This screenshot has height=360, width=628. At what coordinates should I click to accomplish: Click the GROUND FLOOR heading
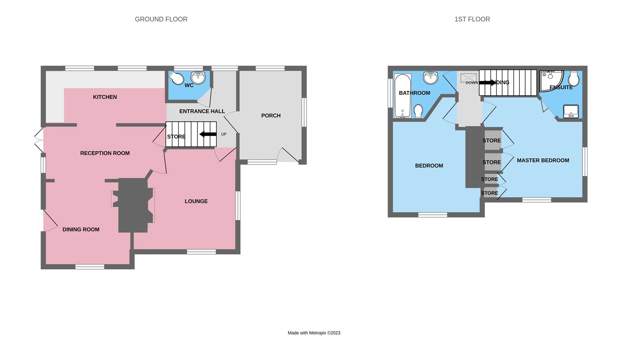coord(161,19)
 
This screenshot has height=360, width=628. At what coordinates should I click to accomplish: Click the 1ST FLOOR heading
coord(472,19)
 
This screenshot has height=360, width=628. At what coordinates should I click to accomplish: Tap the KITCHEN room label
coord(105,97)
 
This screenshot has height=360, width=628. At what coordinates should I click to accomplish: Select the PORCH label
coord(271,115)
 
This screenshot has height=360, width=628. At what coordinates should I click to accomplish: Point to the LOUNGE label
coord(196,201)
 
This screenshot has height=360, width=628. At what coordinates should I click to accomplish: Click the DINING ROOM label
coord(81,230)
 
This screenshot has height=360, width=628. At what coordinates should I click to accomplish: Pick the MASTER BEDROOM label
coord(543,160)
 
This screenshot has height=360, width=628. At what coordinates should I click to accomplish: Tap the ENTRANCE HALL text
coord(202,111)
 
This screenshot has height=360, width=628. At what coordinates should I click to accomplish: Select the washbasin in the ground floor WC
coord(198,77)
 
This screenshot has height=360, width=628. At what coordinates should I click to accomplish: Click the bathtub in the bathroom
coord(402,96)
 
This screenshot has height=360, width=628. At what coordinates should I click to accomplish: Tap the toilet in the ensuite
coord(573,79)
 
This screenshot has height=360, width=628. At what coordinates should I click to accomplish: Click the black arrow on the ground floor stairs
coord(208,134)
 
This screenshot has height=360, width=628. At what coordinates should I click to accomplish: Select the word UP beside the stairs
coord(224,134)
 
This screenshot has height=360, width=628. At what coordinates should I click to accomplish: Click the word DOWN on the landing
coord(472,83)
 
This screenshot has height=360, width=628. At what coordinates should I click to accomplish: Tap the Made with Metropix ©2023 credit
coord(314,333)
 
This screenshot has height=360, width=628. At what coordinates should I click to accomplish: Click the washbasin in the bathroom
coord(431,77)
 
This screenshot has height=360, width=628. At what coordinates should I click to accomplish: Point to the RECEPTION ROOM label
coord(105,153)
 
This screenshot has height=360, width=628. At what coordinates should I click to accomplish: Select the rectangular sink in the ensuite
coord(571,111)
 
